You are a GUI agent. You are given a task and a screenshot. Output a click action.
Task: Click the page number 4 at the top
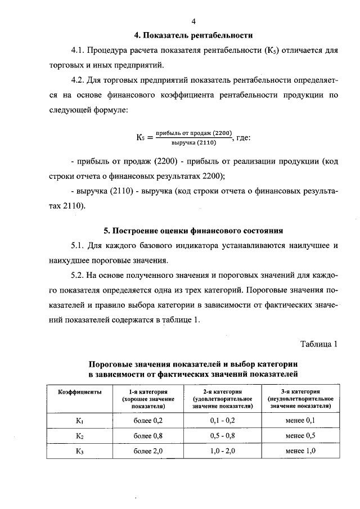[193, 21]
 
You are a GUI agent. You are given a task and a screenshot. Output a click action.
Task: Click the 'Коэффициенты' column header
[80, 391]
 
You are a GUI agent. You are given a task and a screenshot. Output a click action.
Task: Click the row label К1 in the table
[80, 421]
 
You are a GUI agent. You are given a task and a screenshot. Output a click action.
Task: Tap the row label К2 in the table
[80, 436]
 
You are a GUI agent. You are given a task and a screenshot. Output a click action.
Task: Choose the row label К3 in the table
[80, 451]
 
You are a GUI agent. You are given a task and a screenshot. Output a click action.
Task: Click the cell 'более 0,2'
[148, 421]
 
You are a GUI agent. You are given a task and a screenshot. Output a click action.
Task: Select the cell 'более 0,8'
[148, 436]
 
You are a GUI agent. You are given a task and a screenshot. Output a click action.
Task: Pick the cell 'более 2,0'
[148, 451]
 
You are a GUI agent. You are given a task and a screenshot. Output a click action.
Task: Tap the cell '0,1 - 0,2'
[222, 421]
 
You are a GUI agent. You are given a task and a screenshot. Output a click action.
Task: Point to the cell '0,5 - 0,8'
[222, 436]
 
